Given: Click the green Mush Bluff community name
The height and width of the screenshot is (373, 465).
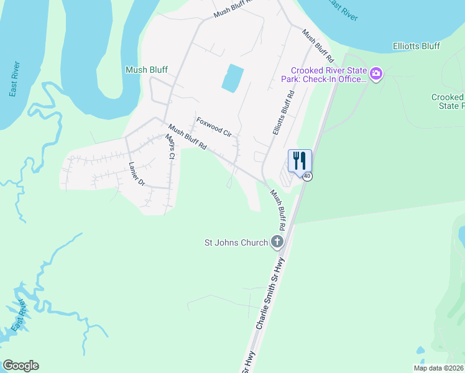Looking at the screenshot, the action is coord(146,70).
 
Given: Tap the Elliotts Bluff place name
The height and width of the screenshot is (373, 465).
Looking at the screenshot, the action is coord(417,46).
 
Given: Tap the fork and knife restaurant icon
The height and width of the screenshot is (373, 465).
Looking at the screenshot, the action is coord(299,161).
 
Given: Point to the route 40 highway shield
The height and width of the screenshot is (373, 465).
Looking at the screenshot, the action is coord(307,177).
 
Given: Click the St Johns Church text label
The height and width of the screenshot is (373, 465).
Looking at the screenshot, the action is coord(236,242).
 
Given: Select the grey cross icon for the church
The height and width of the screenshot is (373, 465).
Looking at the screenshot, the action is coord(277,242).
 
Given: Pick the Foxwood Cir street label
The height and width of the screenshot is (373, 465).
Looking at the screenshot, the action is coord(214,126).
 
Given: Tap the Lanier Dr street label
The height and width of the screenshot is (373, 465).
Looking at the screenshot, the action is coord(136,174).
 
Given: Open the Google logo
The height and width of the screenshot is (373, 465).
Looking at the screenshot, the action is coord(21,366).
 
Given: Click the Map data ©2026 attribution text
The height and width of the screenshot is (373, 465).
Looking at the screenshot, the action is coord(438,368).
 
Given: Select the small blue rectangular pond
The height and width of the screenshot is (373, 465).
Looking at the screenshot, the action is coord(232,78).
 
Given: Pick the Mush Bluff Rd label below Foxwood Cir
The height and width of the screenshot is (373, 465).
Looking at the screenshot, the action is coord(187,139).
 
